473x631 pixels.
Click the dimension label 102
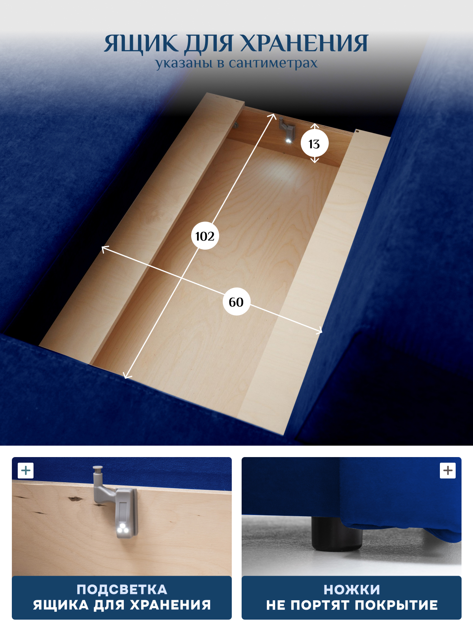205,236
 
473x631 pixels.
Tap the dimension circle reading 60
236,302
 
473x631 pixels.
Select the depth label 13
315,144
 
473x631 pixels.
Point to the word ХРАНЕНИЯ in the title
304,43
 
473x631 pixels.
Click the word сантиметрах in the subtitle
273,63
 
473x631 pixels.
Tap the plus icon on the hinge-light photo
26,470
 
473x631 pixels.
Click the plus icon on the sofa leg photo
447,470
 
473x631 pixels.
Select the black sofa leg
337,534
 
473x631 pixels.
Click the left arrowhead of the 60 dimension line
104,248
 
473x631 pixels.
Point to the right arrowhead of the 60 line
319,331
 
